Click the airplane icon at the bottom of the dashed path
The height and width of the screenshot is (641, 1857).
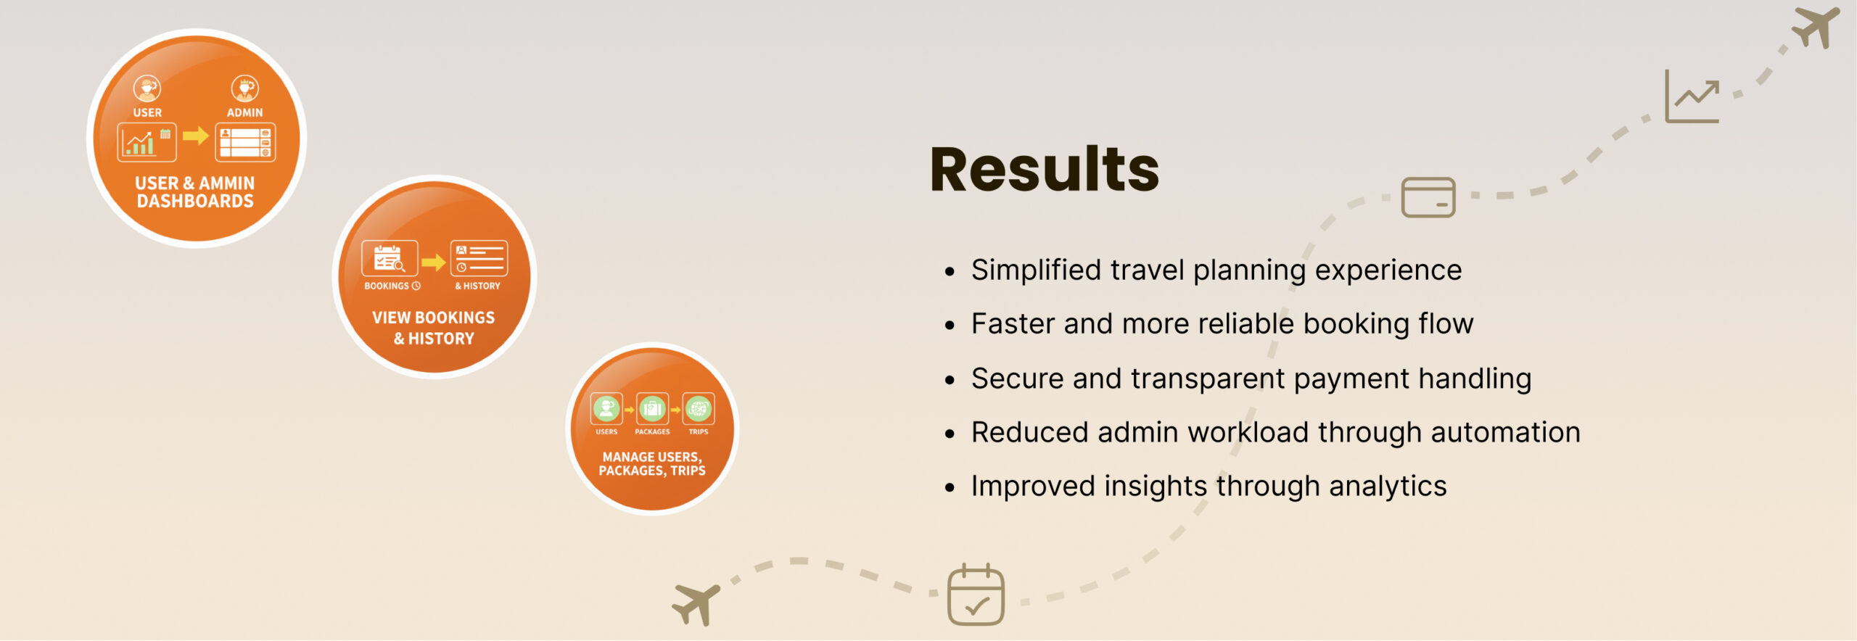pyautogui.click(x=696, y=604)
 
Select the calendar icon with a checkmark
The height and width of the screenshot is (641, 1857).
pyautogui.click(x=976, y=595)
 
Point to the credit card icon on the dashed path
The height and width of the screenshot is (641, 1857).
pyautogui.click(x=1428, y=197)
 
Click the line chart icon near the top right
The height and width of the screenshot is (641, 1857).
pyautogui.click(x=1692, y=96)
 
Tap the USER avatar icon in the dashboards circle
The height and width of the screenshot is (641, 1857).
pyautogui.click(x=147, y=88)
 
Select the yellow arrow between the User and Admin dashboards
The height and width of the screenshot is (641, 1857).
pyautogui.click(x=196, y=136)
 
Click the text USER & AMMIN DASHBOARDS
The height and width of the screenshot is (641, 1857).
pyautogui.click(x=195, y=192)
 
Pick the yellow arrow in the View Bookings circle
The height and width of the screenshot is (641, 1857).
pyautogui.click(x=434, y=262)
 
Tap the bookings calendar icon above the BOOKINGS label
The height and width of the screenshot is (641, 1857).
pyautogui.click(x=390, y=258)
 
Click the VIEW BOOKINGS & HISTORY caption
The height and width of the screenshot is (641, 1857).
pyautogui.click(x=434, y=328)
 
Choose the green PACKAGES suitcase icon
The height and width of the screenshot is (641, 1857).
pyautogui.click(x=652, y=409)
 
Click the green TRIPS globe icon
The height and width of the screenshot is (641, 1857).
pyautogui.click(x=699, y=409)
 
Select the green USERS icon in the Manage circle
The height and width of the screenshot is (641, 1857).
pyautogui.click(x=606, y=409)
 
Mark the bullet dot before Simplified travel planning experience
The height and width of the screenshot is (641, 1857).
pyautogui.click(x=950, y=272)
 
